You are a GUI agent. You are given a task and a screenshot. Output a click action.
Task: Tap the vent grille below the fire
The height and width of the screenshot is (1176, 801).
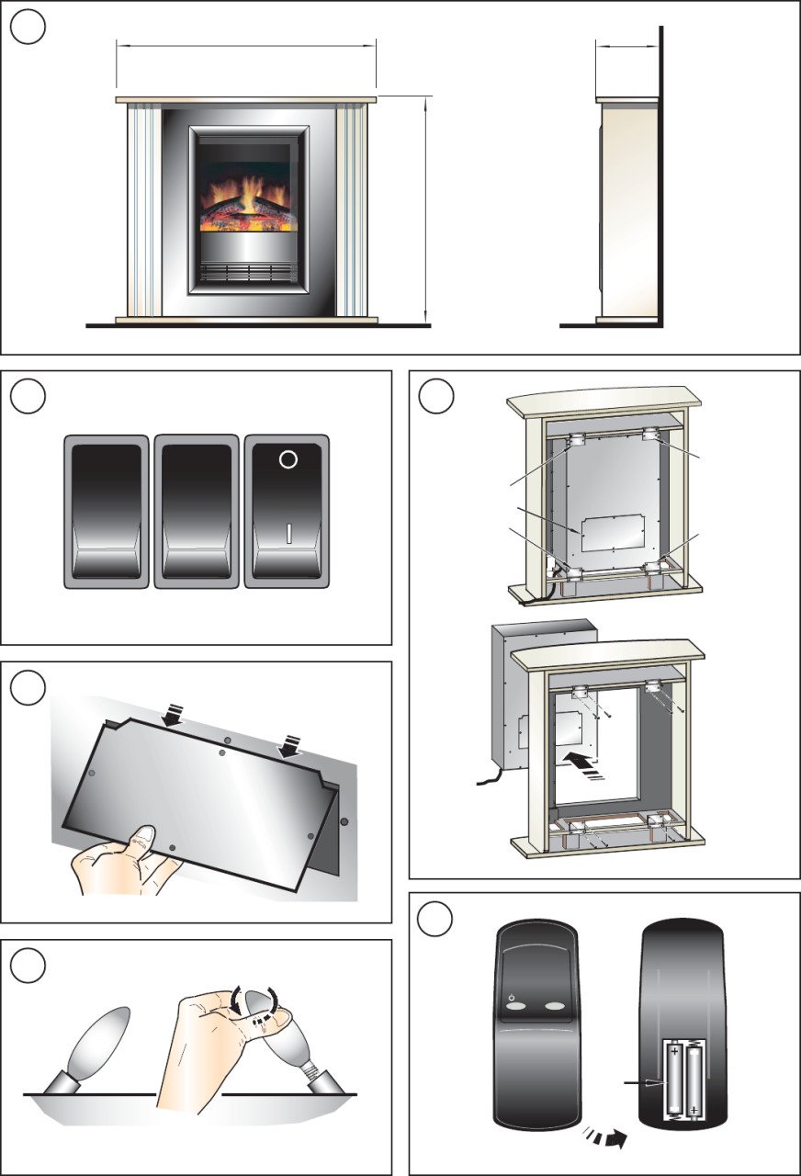coord(248,272)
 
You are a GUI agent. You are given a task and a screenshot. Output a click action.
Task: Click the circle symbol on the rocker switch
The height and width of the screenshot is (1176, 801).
coord(288,459)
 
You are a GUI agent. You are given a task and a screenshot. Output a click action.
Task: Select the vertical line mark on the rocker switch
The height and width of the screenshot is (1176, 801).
coord(288,534)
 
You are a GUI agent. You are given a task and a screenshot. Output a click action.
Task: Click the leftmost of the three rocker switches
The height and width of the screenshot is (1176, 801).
coord(106,511)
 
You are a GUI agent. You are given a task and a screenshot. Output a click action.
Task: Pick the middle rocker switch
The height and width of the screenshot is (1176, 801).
coord(196,511)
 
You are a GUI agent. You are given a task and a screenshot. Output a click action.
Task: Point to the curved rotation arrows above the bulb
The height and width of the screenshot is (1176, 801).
coord(257,1001)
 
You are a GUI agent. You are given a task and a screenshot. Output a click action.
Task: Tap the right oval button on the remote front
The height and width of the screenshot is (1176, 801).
coord(554,1007)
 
